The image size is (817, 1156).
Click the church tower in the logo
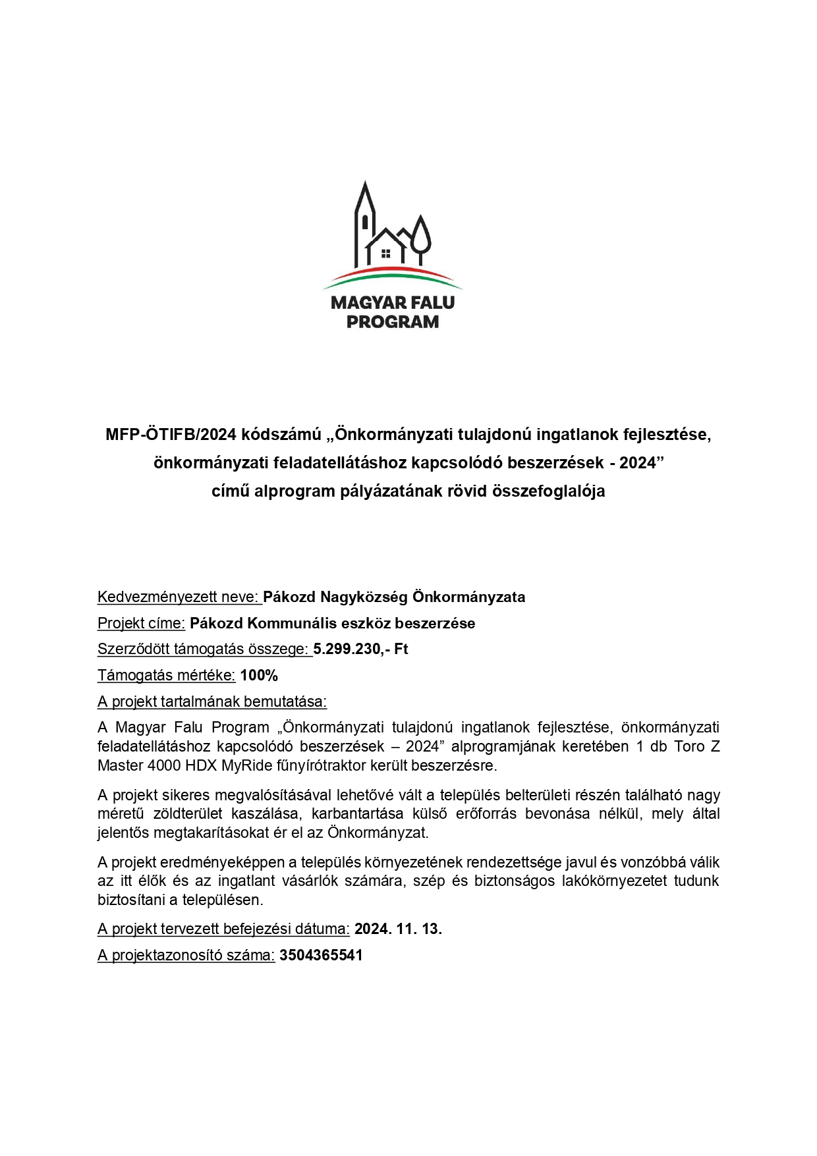(364, 221)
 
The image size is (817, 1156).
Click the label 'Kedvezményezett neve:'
(179, 597)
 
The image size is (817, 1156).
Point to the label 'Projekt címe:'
(141, 623)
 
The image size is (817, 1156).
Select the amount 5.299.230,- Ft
(360, 649)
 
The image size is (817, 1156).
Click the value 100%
(259, 675)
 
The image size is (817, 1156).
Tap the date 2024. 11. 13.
(398, 929)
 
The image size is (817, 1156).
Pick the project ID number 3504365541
(321, 955)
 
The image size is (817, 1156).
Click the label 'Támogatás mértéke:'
(167, 675)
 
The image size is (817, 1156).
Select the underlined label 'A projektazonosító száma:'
(186, 955)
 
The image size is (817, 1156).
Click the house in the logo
(387, 247)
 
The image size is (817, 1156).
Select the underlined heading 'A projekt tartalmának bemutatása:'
(212, 702)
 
